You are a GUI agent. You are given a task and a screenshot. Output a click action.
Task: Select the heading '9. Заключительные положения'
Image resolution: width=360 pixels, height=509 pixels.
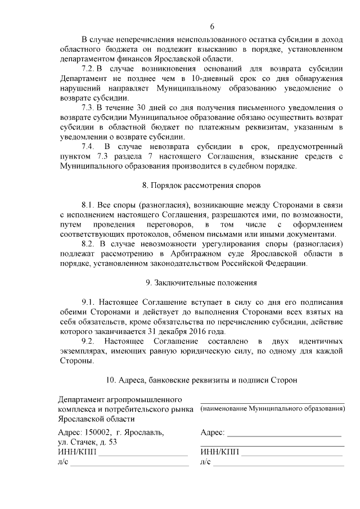201,282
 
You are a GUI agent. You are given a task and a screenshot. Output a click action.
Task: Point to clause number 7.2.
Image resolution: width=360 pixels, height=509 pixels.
88,69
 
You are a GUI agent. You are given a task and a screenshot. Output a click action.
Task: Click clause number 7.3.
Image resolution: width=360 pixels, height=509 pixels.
88,107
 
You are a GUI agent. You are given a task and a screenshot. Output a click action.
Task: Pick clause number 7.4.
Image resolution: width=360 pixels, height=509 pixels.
89,146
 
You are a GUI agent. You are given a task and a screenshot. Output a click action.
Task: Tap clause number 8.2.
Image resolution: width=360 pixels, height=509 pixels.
89,244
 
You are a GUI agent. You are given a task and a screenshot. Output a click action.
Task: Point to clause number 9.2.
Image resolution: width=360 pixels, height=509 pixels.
89,341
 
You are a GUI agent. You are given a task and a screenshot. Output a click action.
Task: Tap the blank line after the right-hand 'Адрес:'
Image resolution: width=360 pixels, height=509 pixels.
285,435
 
